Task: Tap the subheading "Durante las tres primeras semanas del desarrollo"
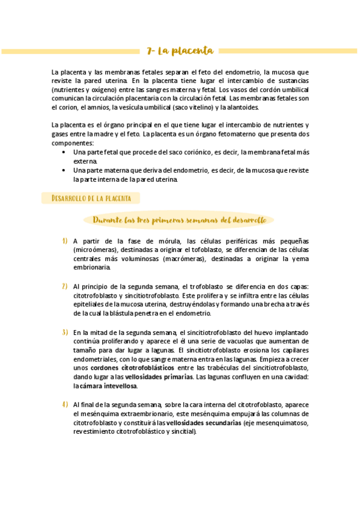coord(180,220)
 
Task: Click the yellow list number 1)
coord(64,241)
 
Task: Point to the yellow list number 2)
coord(64,286)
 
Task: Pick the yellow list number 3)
coord(64,332)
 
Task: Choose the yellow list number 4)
coord(64,404)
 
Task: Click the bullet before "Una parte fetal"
coord(64,153)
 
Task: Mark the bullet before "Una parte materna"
coord(64,170)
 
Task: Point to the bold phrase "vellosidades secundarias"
coord(204,423)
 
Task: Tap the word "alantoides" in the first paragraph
coord(240,108)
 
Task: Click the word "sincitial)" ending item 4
coord(183,432)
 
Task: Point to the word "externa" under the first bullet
coord(85,162)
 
